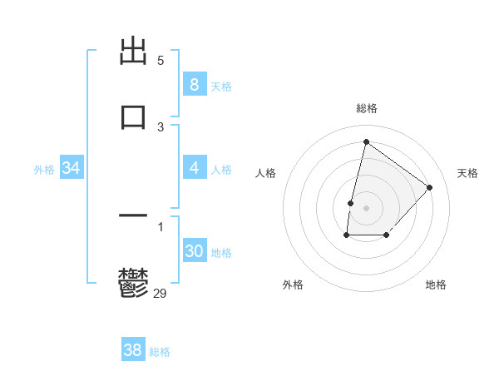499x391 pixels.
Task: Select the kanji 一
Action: [x=133, y=217]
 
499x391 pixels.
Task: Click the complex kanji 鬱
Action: [x=133, y=284]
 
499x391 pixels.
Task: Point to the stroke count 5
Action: [x=161, y=61]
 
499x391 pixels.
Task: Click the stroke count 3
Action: [x=161, y=127]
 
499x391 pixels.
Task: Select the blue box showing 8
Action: [x=194, y=84]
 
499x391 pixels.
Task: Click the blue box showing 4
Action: [x=194, y=168]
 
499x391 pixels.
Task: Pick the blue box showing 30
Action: [x=194, y=251]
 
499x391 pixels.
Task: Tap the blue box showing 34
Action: [x=72, y=168]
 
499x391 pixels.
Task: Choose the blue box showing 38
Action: [x=132, y=350]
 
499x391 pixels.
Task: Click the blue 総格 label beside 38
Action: [x=160, y=352]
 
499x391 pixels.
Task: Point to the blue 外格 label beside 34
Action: [x=44, y=170]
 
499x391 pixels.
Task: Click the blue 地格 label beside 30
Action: [x=221, y=253]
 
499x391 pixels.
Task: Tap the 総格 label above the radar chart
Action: [x=367, y=108]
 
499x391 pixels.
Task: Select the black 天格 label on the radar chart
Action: [x=467, y=173]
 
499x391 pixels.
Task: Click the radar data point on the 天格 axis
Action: [x=430, y=187]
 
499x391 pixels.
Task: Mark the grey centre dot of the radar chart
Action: [x=367, y=207]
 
